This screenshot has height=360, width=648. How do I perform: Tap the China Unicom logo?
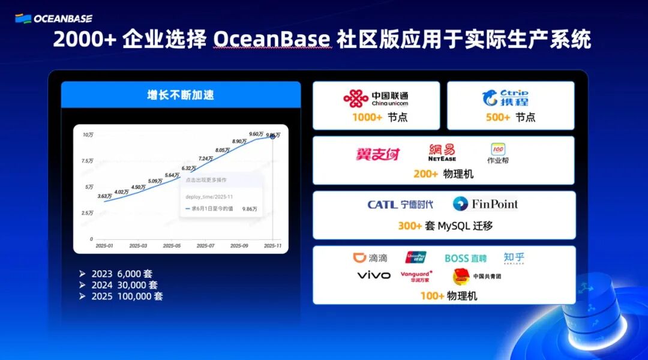coord(376,98)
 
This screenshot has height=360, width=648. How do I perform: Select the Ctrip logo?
coord(505,98)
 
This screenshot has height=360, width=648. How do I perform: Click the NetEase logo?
coord(442,152)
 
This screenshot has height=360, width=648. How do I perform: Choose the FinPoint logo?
coord(485,204)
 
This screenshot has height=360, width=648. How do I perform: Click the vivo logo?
coord(373,275)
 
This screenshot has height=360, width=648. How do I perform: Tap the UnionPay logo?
coord(416,258)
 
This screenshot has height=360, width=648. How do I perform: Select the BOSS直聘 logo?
coord(465,259)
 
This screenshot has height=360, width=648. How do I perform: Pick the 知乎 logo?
coord(514,258)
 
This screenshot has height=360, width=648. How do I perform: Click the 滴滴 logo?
coord(370,258)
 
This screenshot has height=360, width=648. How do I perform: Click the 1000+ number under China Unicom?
coord(367,118)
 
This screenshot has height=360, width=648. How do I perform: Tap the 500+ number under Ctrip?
coord(498,118)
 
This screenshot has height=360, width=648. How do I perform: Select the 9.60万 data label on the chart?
coord(256,134)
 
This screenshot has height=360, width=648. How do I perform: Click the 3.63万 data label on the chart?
coord(104,196)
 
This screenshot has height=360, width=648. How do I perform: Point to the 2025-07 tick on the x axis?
coord(205,245)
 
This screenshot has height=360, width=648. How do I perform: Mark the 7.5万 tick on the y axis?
coord(87,161)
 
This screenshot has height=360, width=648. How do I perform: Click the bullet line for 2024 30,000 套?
coord(124,285)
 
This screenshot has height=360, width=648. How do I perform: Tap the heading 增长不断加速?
coord(181,95)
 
